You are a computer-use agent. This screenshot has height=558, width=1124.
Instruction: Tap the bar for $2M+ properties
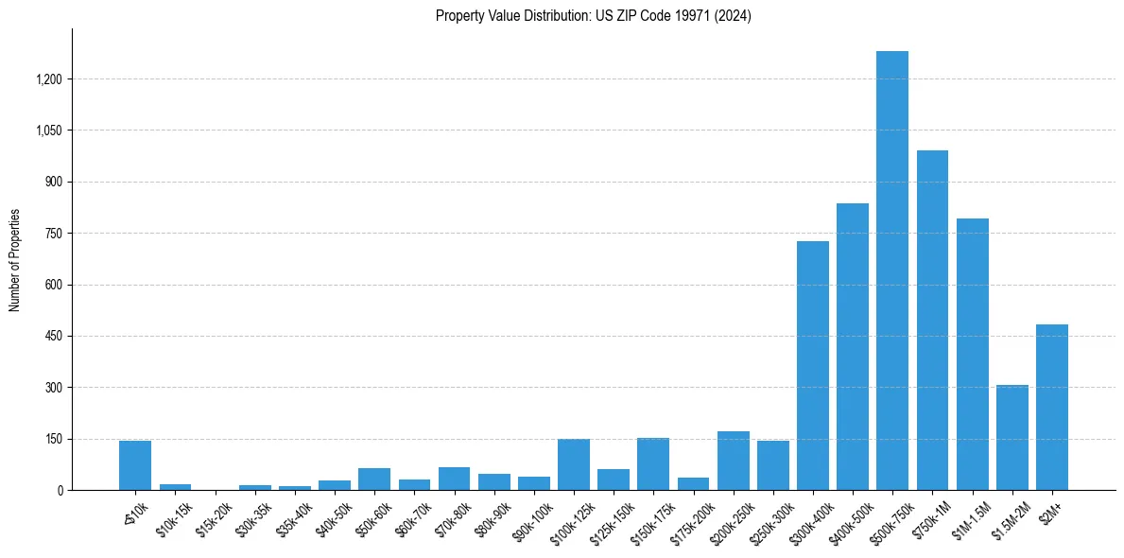pos(1051,407)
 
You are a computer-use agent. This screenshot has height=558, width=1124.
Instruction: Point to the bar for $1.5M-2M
pos(1012,437)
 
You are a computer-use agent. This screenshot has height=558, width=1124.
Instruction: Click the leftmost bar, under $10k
pos(135,465)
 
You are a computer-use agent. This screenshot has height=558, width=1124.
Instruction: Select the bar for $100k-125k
pos(573,464)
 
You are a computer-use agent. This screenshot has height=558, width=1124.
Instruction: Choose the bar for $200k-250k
pos(733,461)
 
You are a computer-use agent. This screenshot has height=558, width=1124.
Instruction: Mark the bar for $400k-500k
pos(852,346)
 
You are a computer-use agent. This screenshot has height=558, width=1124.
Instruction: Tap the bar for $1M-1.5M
pos(972,354)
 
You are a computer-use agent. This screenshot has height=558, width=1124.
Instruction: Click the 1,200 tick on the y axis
pos(48,79)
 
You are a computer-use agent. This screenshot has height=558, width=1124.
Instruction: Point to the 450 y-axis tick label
pos(53,337)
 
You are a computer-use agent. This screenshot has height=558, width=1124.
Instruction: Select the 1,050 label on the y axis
pos(48,131)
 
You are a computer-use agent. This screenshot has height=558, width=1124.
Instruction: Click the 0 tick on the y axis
pos(60,491)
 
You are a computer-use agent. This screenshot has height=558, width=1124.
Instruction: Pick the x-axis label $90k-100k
pos(533,519)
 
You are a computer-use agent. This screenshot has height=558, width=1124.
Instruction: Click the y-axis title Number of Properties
pos(15,260)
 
